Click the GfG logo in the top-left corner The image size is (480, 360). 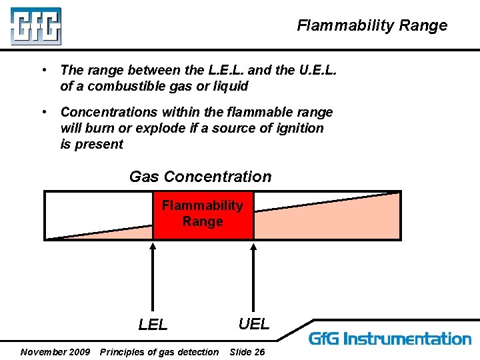pos(35,27)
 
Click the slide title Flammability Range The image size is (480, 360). pos(372,26)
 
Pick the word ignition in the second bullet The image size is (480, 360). pos(298,128)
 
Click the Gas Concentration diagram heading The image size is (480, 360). pos(200,177)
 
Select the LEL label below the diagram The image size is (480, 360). pos(153,325)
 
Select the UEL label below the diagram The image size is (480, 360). pos(254,323)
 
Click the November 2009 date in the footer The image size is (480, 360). pos(55,351)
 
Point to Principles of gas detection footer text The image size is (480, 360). pos(159,351)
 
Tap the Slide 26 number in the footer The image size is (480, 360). pos(247,351)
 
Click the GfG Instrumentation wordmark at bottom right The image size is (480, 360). pos(389,339)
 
